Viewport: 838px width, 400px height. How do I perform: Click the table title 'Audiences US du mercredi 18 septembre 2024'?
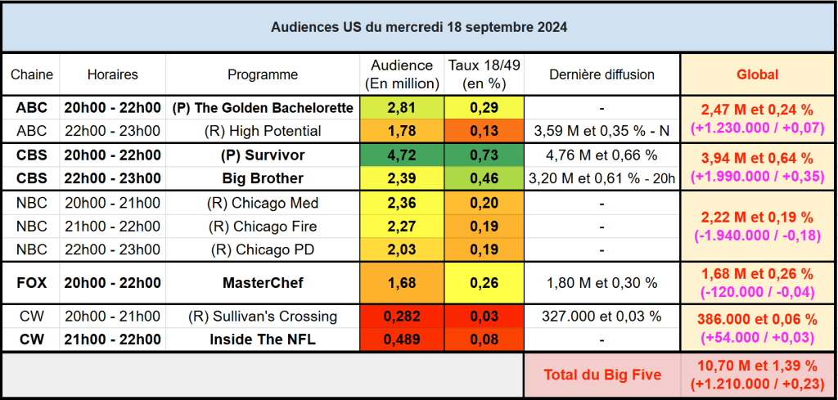[x=419, y=27]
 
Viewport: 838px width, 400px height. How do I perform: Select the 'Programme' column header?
[x=263, y=74]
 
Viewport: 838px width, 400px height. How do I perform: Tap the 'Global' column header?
[x=757, y=74]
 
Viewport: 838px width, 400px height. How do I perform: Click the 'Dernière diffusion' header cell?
[x=601, y=74]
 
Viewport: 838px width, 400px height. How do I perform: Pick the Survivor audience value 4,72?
[x=402, y=155]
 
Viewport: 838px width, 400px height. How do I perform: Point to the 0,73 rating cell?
[x=484, y=155]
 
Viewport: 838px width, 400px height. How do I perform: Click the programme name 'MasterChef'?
[x=263, y=283]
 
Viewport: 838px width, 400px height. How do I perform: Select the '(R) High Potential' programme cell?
[x=263, y=130]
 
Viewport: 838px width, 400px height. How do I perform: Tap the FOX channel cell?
[x=31, y=283]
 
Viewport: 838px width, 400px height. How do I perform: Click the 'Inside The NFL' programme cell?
[x=263, y=339]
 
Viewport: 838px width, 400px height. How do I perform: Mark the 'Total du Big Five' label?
[x=601, y=375]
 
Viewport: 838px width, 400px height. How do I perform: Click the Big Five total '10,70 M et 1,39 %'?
[x=757, y=366]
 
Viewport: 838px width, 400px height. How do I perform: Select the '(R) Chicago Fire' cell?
[x=263, y=226]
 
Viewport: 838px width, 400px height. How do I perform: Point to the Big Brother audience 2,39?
[x=402, y=178]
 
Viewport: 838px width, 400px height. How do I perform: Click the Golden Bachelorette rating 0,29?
[x=484, y=107]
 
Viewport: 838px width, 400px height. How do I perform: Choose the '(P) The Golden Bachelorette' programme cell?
[x=263, y=107]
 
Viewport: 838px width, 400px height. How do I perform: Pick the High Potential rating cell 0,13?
[x=484, y=130]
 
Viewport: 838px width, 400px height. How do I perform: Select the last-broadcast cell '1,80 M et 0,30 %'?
[x=601, y=283]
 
